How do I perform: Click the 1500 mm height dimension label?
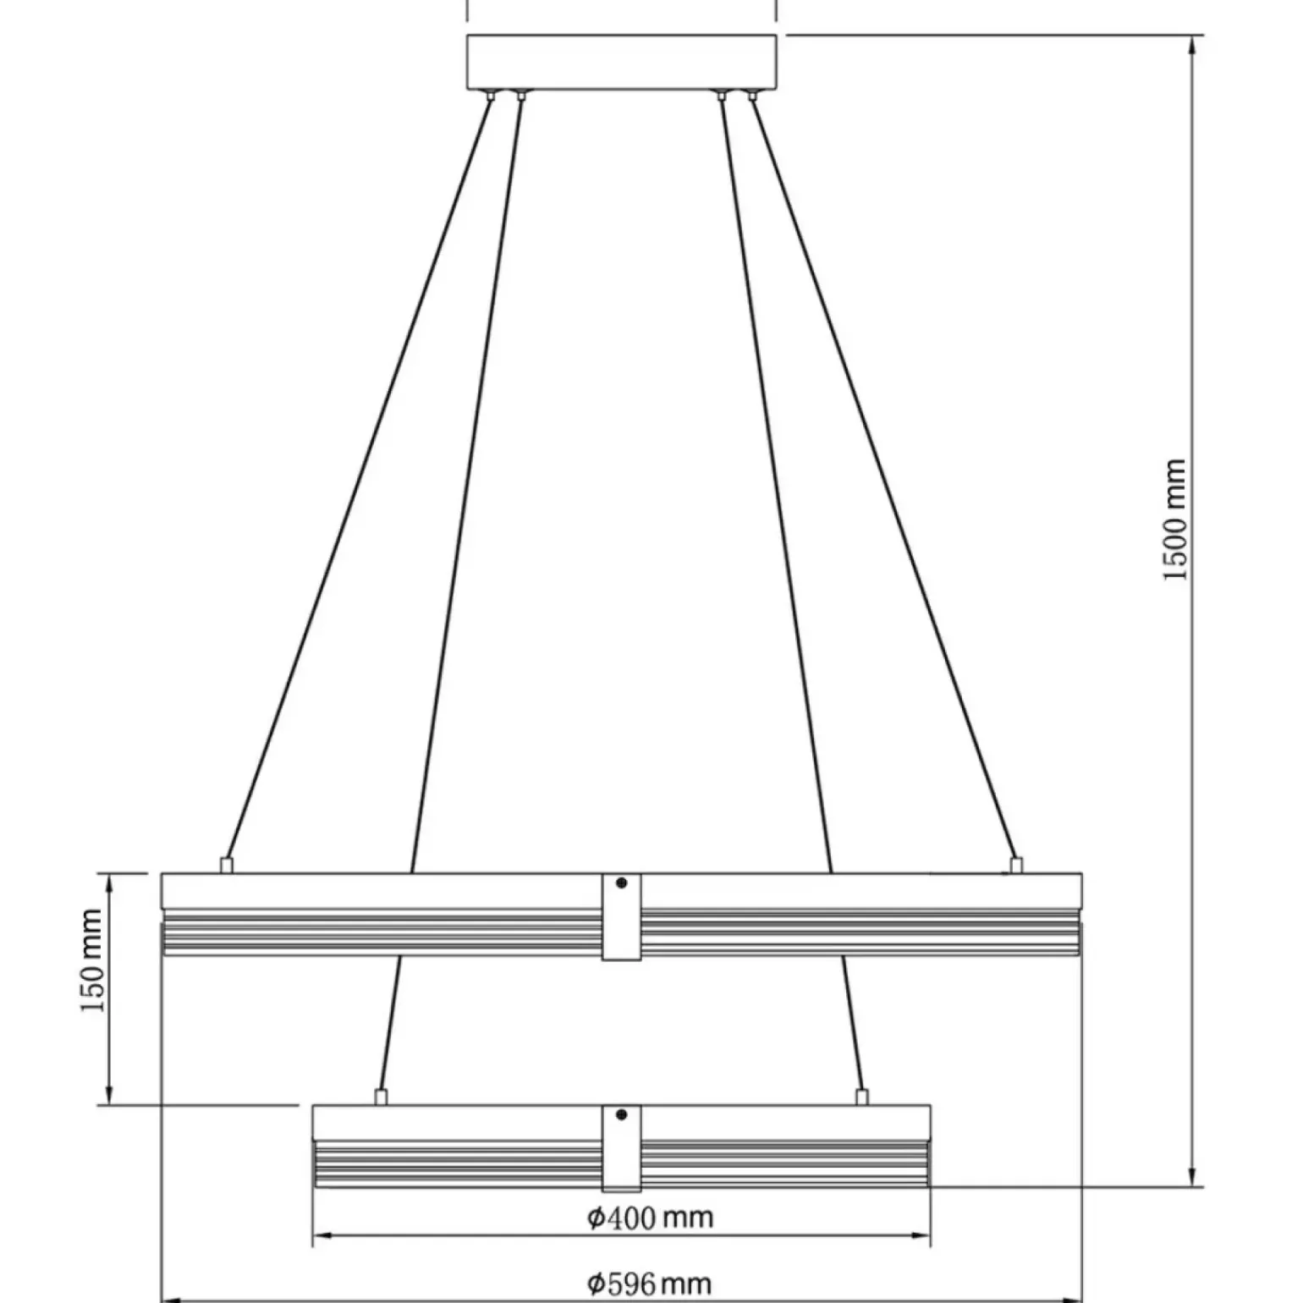[x=1176, y=520]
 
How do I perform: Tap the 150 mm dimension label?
[x=92, y=960]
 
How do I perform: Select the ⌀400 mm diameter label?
[x=650, y=1218]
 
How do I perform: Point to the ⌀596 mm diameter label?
[x=650, y=1284]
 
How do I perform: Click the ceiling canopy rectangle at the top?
[x=622, y=62]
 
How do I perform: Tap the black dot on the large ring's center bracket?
[x=622, y=883]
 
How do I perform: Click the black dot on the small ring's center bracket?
[x=622, y=1115]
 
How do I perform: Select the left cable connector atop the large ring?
[x=226, y=865]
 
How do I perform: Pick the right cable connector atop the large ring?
[x=1016, y=865]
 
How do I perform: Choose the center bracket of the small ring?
[x=622, y=1147]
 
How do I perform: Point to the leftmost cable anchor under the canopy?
[x=490, y=96]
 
